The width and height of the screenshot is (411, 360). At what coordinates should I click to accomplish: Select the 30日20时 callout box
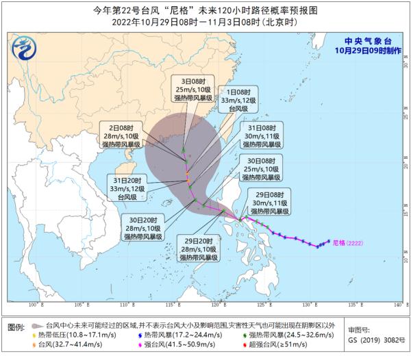142,227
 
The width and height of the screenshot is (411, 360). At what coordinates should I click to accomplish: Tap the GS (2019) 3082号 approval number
373,339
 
